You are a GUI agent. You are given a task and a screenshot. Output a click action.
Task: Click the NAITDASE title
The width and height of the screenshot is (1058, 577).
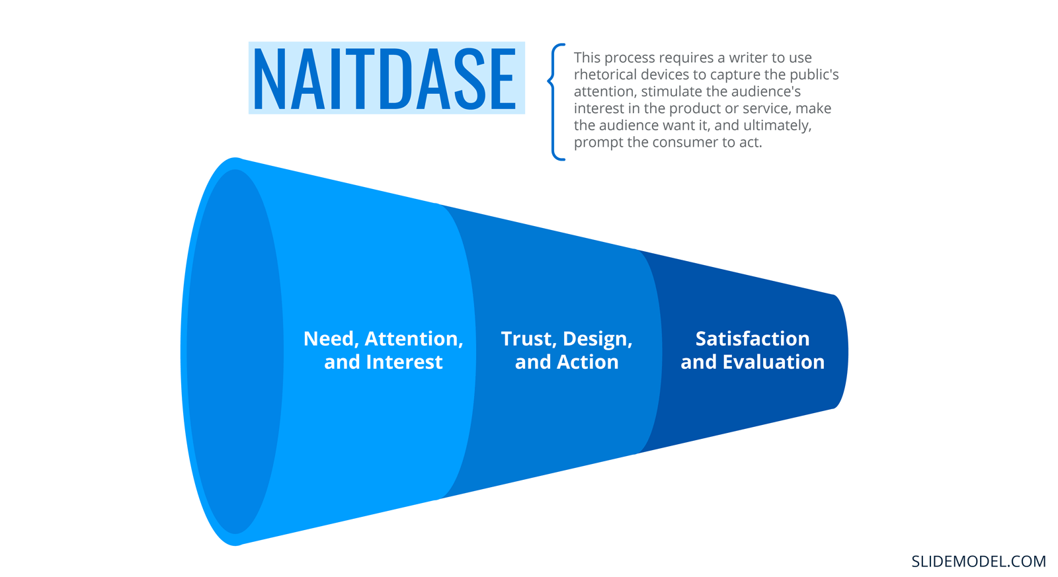[x=385, y=79]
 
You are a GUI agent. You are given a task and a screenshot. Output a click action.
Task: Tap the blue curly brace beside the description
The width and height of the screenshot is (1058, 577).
[x=555, y=102]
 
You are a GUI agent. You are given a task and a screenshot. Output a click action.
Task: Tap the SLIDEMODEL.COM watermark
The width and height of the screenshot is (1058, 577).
[x=978, y=561]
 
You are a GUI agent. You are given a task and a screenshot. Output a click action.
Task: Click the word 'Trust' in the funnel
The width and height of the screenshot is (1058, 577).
[x=528, y=339]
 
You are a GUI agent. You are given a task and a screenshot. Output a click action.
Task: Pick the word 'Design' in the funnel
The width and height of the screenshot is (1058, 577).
[x=598, y=340]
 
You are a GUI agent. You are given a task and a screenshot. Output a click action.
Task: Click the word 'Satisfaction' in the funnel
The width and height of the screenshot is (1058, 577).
[x=753, y=338]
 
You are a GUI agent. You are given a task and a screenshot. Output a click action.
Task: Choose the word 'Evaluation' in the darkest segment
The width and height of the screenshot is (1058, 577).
[x=773, y=362]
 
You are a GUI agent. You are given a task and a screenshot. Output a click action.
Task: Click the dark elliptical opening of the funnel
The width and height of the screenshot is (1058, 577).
[x=235, y=352]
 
